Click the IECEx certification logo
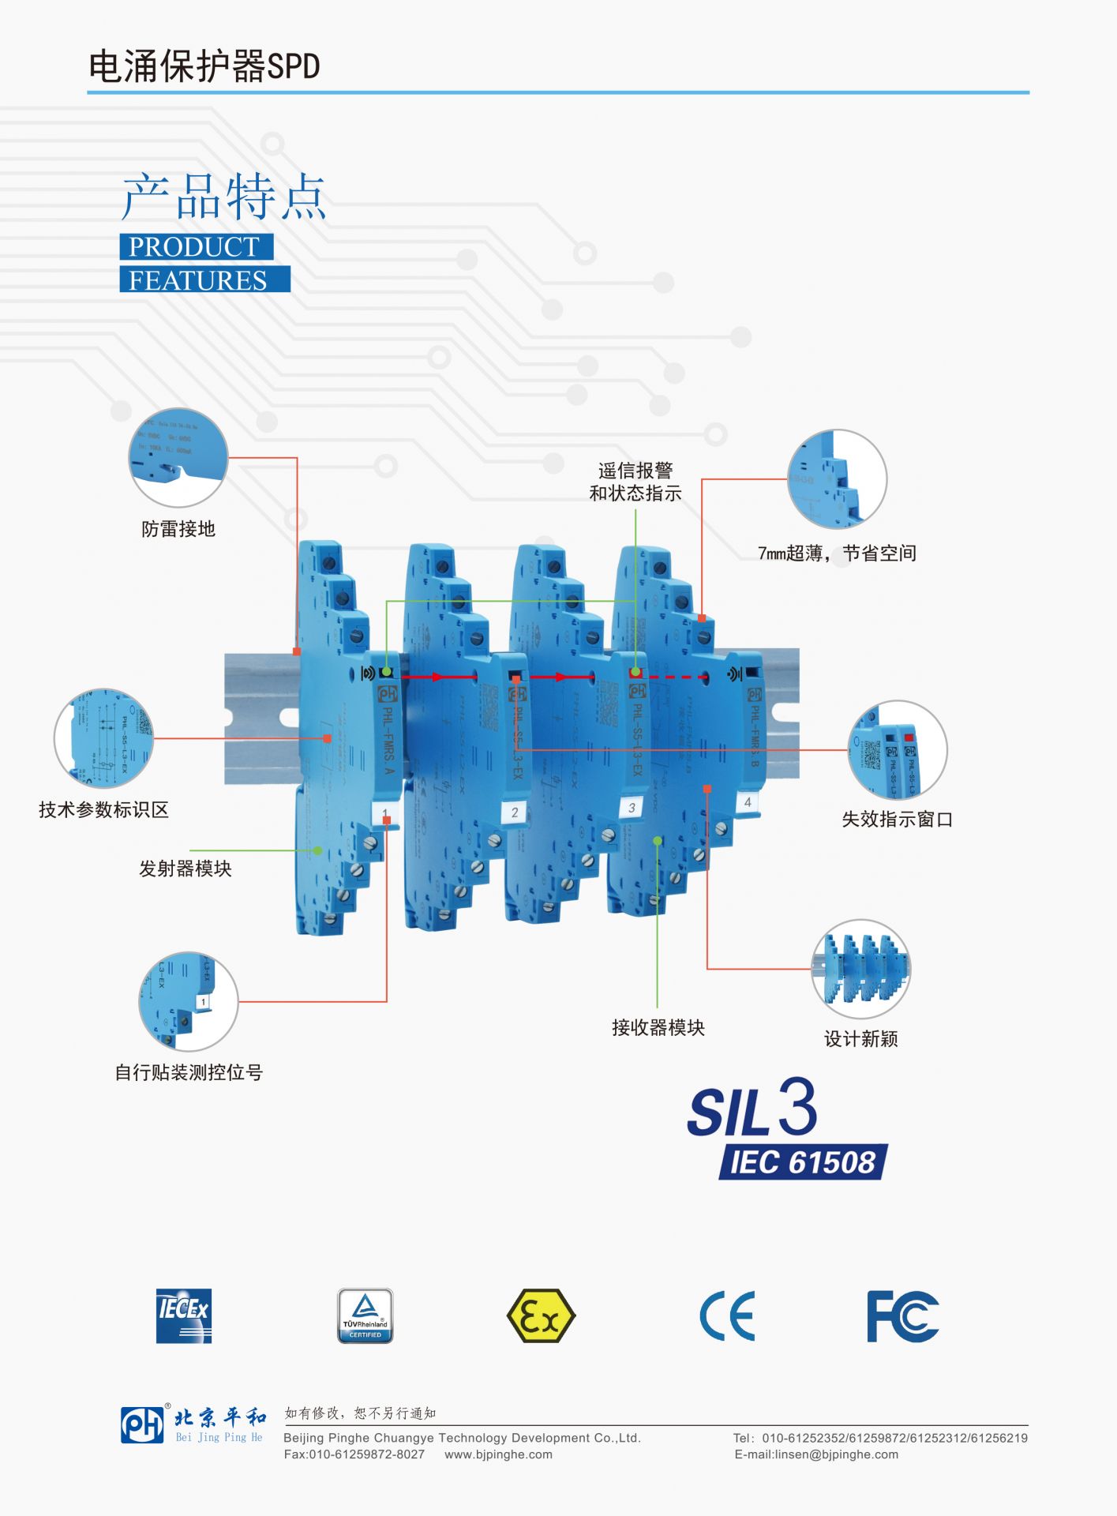click(184, 1315)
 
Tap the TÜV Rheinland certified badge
click(365, 1315)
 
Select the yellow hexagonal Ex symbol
click(541, 1315)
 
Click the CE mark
click(727, 1316)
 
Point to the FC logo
click(902, 1316)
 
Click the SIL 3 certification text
click(752, 1109)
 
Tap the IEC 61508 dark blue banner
click(803, 1162)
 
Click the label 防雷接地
click(178, 529)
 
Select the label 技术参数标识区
click(104, 810)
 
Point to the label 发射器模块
click(186, 869)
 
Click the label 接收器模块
click(658, 1027)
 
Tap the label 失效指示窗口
click(897, 820)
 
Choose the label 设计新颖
click(860, 1039)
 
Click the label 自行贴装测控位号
click(189, 1072)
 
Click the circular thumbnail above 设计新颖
click(860, 969)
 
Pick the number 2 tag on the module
click(515, 812)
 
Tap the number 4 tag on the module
click(748, 802)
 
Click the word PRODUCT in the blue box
click(195, 246)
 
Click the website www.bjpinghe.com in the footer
click(498, 1454)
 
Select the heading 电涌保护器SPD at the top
click(204, 66)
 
